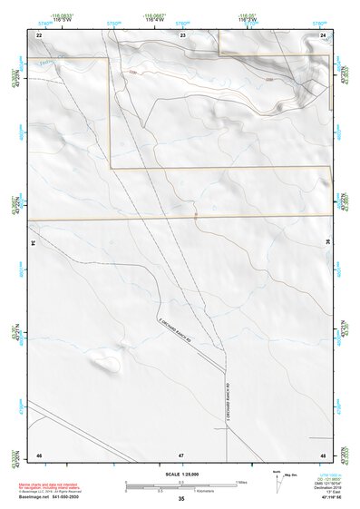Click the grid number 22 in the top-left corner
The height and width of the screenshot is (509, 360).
pyautogui.click(x=39, y=34)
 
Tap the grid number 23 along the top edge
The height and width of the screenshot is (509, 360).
pyautogui.click(x=182, y=34)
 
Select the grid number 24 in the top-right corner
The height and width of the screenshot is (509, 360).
pyautogui.click(x=324, y=34)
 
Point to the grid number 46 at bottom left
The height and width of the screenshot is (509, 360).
pyautogui.click(x=39, y=453)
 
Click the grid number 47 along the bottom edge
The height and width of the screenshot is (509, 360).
pyautogui.click(x=181, y=453)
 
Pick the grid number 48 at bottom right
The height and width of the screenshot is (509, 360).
pyautogui.click(x=324, y=453)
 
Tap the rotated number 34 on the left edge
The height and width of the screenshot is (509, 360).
pyautogui.click(x=35, y=243)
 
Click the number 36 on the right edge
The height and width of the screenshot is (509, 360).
pyautogui.click(x=327, y=243)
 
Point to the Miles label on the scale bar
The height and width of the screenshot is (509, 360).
pyautogui.click(x=242, y=482)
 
